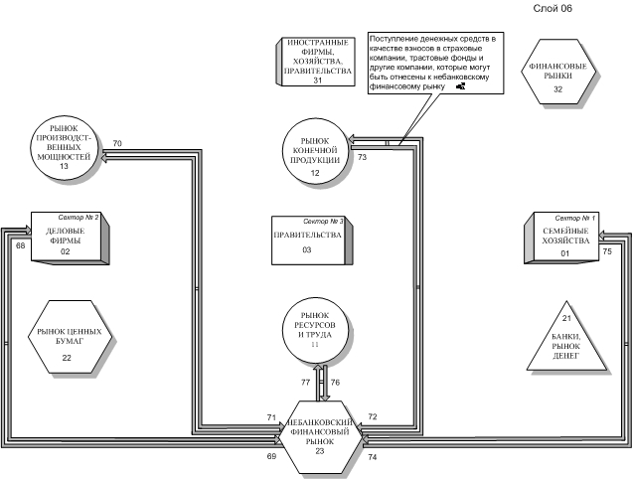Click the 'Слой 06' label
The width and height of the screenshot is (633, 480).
point(553,9)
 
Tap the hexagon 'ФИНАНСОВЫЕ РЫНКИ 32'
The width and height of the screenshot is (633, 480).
point(558,72)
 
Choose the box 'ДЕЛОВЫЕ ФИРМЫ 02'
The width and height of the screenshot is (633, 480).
point(71,239)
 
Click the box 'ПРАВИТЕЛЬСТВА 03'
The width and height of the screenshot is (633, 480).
point(312,240)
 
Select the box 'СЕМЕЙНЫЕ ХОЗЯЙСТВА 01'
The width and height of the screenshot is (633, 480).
point(561,238)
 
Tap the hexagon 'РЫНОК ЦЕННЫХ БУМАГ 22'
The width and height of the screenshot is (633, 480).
point(70,337)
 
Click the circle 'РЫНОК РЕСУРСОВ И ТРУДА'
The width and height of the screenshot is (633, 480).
point(315,331)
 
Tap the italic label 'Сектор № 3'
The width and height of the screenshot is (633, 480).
point(323,222)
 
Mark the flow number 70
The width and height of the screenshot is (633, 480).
point(117,143)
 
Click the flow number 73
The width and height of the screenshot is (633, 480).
point(362,157)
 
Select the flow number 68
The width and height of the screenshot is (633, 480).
point(20,245)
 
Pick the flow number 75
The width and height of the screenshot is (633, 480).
point(607,251)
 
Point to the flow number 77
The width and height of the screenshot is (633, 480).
point(306,383)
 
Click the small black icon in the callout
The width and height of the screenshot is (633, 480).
point(461,86)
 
